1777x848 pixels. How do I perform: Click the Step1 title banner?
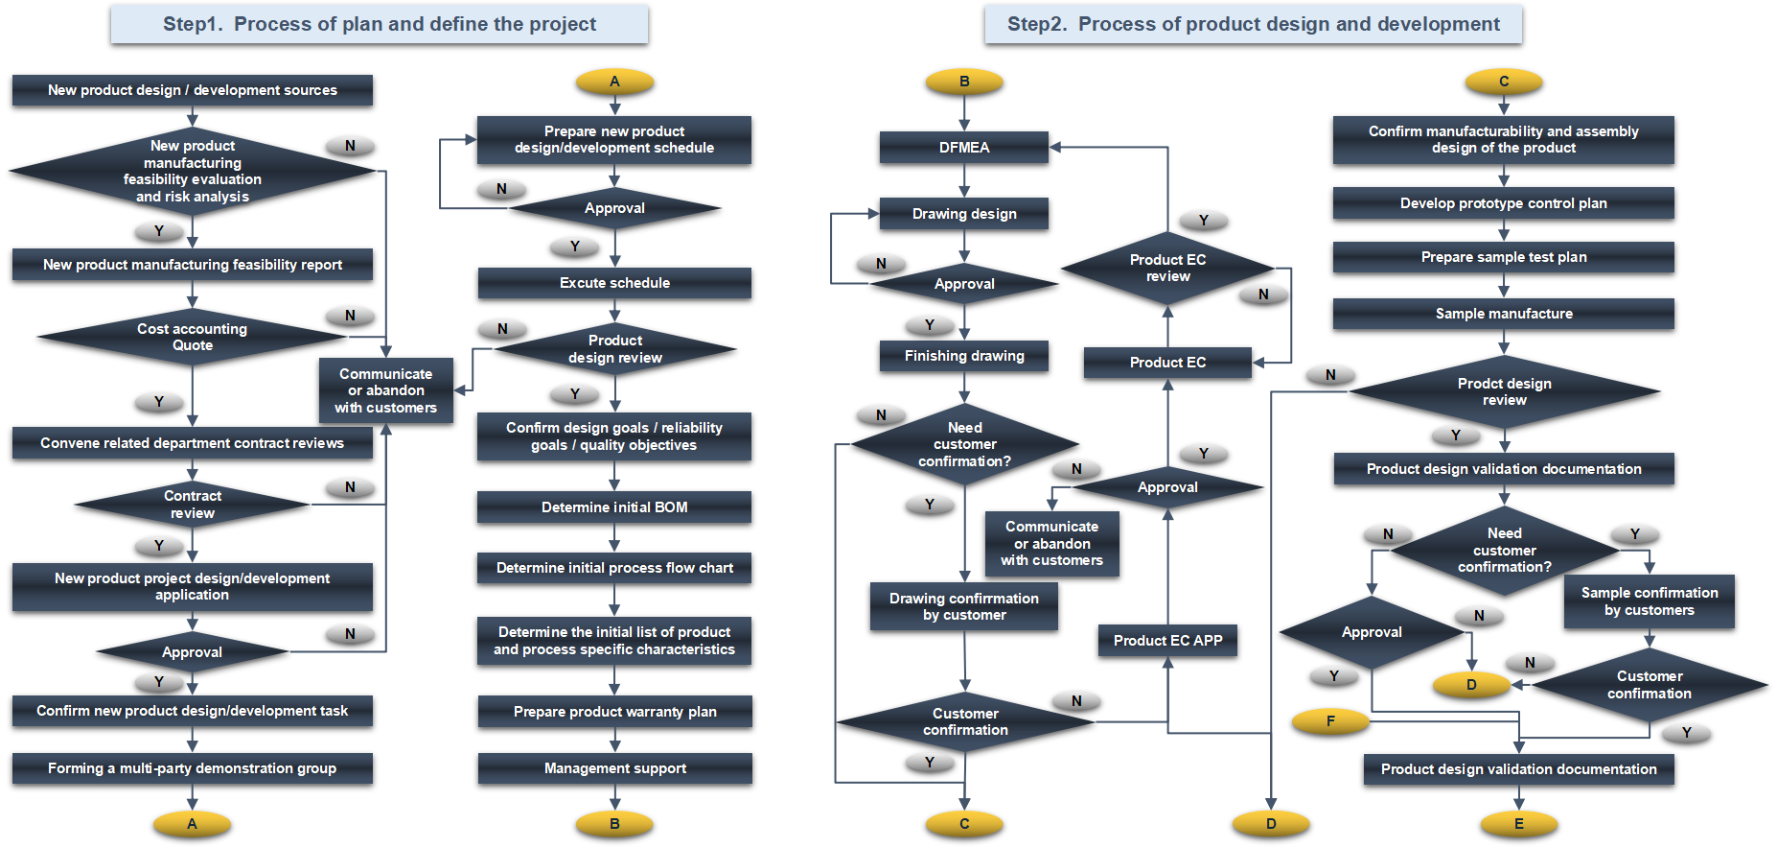[380, 24]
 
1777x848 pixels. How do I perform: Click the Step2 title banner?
[1253, 24]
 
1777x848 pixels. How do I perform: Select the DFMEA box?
[964, 148]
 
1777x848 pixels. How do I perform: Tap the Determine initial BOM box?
[614, 507]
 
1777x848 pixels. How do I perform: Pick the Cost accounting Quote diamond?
[193, 337]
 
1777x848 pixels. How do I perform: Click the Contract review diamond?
[193, 505]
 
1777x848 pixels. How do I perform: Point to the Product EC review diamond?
[1167, 269]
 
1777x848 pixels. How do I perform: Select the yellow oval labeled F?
[1330, 721]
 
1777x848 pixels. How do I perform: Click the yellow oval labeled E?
[1519, 824]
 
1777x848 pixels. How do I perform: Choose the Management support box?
[614, 768]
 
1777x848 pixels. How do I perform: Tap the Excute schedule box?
[614, 283]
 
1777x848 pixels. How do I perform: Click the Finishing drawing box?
[964, 356]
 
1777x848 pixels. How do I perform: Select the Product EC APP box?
[1167, 641]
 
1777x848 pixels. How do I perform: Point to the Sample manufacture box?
[1504, 314]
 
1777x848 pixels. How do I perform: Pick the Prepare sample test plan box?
[1504, 257]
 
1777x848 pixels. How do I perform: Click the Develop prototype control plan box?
[1504, 203]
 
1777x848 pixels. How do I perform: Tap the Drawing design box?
[964, 214]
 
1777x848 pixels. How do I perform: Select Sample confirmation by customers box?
[1650, 601]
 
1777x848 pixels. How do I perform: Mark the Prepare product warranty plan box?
[614, 712]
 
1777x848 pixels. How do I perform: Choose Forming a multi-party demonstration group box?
[193, 768]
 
